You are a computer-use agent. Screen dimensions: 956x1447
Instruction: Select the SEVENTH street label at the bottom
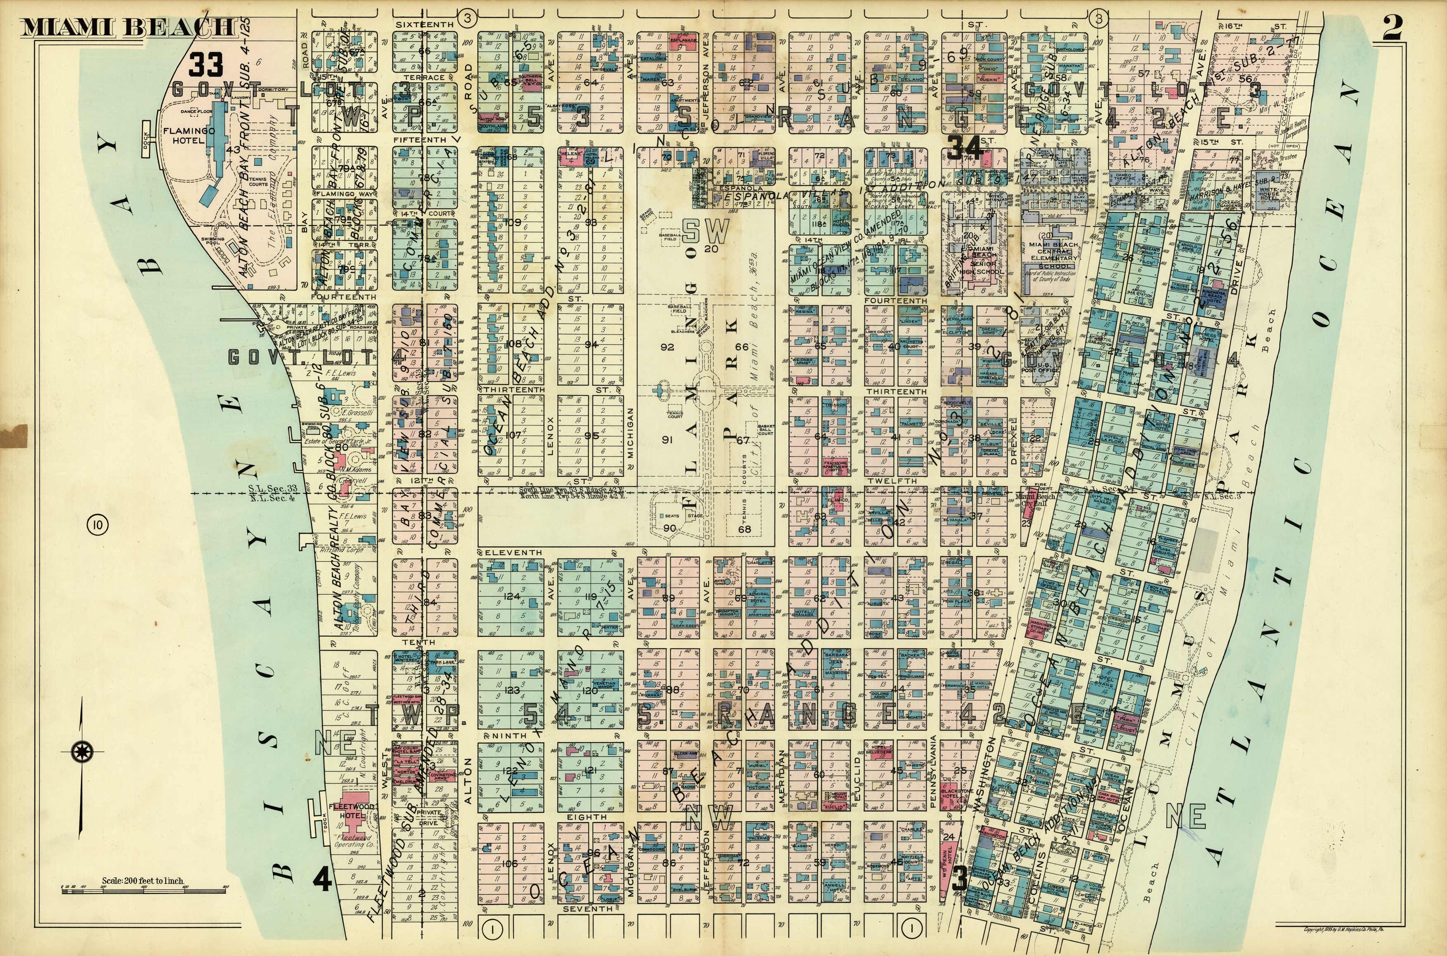click(x=587, y=909)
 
